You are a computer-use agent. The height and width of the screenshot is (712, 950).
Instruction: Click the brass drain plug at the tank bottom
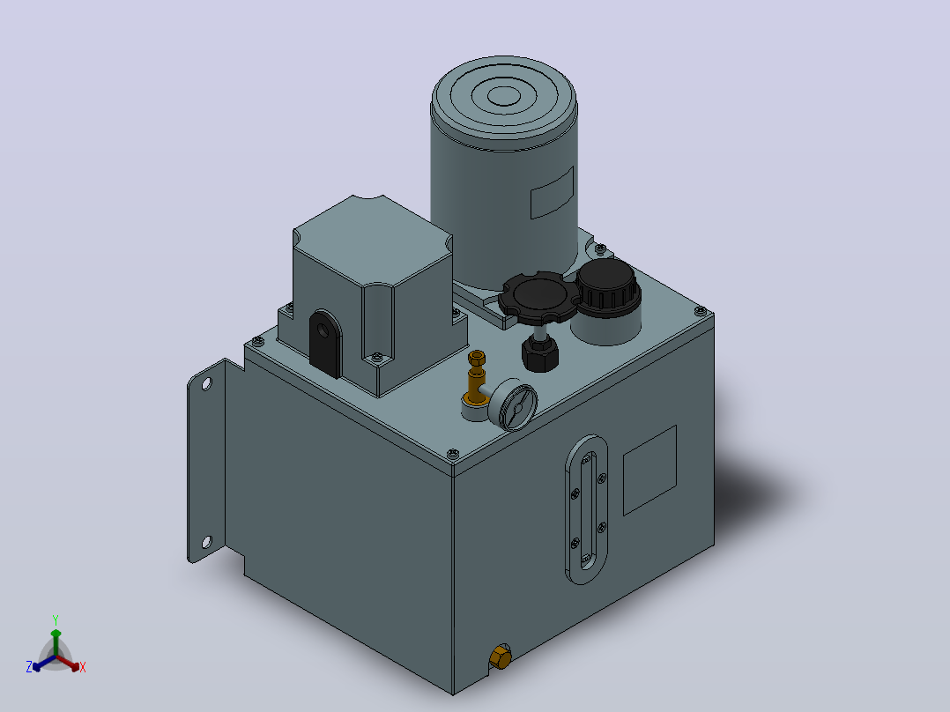click(501, 656)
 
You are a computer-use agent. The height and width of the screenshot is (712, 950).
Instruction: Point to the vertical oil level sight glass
click(587, 509)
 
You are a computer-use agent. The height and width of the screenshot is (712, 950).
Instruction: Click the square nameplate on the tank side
click(649, 471)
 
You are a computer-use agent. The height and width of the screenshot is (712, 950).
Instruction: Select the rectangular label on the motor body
click(552, 193)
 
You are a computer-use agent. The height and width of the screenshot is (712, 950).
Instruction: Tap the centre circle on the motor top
click(503, 95)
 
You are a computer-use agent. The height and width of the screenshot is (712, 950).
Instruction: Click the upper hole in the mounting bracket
click(206, 383)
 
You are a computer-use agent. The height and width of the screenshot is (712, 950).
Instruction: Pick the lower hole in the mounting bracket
click(206, 542)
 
